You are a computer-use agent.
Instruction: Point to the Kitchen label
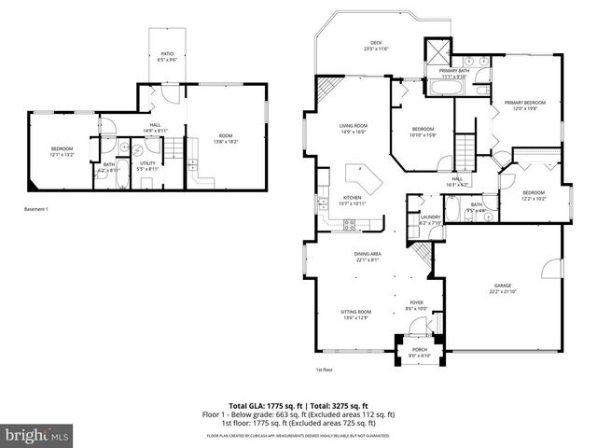(x=352, y=197)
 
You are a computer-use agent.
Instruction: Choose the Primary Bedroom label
(x=524, y=102)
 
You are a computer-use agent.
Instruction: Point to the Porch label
(x=420, y=350)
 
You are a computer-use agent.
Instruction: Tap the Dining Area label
(x=367, y=254)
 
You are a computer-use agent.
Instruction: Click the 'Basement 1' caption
(x=36, y=209)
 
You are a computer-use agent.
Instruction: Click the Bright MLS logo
(x=37, y=435)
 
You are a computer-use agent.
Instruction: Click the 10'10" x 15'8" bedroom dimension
(x=423, y=134)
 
